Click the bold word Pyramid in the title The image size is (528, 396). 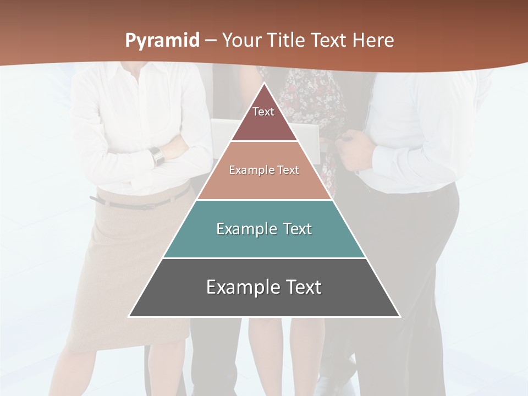162,41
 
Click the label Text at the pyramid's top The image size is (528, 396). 263,112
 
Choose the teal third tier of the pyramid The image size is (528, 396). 264,242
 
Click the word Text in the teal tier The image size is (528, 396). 298,229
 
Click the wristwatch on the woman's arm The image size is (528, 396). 157,156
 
